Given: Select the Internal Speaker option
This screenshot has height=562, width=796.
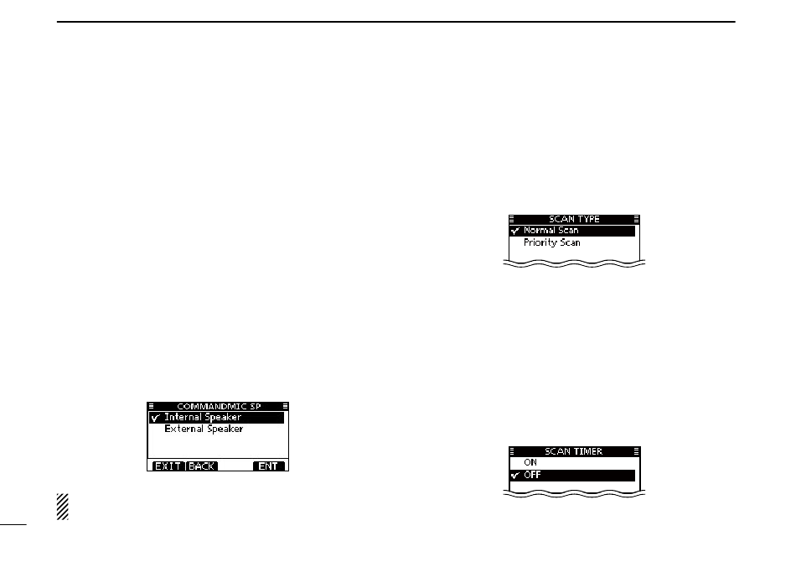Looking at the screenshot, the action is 203,417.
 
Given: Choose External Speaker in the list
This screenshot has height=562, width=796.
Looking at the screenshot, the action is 204,429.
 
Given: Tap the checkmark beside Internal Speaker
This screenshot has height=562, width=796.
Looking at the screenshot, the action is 156,418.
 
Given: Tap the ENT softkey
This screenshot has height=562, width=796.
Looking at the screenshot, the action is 268,466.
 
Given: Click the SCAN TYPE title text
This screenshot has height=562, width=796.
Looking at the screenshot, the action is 574,219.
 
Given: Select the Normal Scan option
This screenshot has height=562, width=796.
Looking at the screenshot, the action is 551,230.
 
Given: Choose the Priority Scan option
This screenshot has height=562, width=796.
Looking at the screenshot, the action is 552,242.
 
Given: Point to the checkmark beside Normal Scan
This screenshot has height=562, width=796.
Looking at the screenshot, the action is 514,231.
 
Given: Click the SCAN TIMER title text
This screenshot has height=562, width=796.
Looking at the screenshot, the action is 574,451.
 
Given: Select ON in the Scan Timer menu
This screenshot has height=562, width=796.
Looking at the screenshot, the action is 531,462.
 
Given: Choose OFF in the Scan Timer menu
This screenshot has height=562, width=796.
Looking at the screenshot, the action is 533,475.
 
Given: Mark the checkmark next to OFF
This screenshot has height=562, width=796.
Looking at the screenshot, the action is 514,476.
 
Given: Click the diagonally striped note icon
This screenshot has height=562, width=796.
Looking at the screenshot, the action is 61,507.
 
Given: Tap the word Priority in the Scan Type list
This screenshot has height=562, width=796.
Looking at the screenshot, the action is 540,242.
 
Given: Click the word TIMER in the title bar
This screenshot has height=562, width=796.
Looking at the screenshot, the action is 587,451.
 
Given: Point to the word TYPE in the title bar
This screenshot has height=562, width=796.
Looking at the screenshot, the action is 588,219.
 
